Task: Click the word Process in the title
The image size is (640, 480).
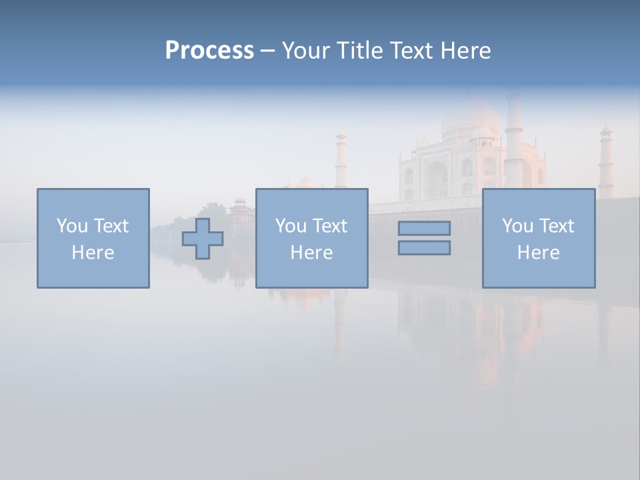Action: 209,51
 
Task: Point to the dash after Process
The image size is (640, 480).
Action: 267,51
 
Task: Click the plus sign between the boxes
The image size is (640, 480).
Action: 203,238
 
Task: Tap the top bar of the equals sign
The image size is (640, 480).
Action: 424,229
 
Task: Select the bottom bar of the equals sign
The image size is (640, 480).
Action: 424,247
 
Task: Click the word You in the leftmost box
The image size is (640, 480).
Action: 72,225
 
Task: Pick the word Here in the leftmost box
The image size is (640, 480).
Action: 93,253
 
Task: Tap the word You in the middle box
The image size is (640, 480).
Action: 291,225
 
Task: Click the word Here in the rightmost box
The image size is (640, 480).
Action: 538,253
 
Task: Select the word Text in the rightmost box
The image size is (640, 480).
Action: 556,225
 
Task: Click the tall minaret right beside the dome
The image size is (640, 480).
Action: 513,140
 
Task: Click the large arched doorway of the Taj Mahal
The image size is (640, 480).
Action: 437,179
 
